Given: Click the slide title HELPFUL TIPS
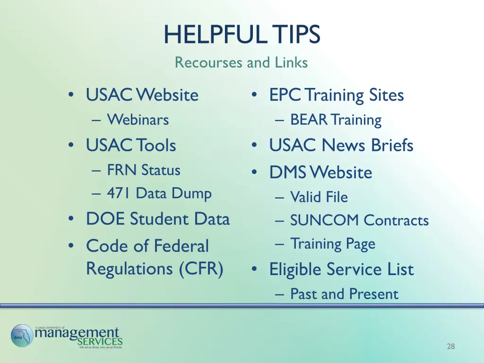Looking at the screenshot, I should [242, 35].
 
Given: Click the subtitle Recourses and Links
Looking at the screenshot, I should [241, 62].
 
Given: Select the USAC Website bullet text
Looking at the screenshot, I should [142, 95].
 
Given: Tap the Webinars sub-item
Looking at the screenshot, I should [138, 120].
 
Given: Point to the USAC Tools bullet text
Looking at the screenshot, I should [131, 145].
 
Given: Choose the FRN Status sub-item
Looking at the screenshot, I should [144, 170].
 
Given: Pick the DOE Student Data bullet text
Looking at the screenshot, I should [157, 219].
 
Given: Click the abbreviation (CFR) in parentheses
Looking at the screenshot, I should [201, 268].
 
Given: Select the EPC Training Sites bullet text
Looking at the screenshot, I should [337, 95].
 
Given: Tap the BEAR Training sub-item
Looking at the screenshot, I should [336, 120].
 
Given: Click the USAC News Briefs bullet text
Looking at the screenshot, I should [341, 145].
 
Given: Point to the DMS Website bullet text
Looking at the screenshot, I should [320, 173].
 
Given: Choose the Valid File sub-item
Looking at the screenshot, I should [319, 197].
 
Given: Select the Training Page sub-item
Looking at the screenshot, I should [333, 244].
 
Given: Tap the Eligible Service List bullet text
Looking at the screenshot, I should [341, 269].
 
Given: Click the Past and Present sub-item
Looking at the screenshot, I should [344, 294].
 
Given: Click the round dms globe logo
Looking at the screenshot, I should [22, 336].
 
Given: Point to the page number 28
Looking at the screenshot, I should [450, 347].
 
